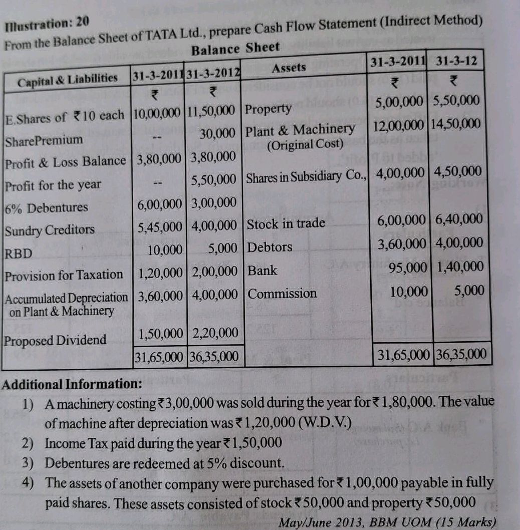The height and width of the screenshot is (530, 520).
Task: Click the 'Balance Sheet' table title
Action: click(235, 49)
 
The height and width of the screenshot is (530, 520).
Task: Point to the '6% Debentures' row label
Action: click(46, 208)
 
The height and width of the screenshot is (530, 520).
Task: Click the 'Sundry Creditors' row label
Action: click(50, 230)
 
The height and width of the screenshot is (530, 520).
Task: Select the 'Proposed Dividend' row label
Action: click(55, 340)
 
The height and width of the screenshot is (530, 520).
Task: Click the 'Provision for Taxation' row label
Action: click(64, 275)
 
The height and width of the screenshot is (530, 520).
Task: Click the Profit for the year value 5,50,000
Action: click(214, 179)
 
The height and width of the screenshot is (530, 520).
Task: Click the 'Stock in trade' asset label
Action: click(286, 223)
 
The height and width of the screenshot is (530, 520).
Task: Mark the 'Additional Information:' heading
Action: click(72, 385)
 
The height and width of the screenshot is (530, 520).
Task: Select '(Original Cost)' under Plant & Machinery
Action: click(305, 145)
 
